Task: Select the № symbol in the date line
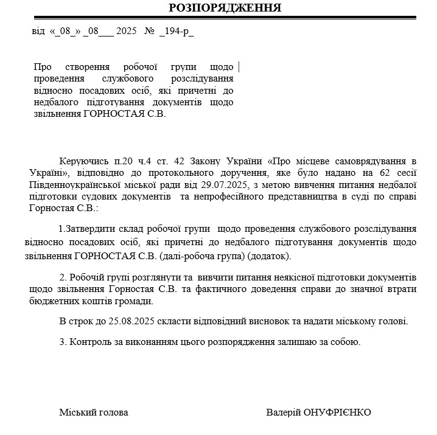pyautogui.click(x=150, y=31)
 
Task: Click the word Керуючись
pyautogui.click(x=81, y=161)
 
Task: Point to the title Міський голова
pyautogui.click(x=94, y=412)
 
